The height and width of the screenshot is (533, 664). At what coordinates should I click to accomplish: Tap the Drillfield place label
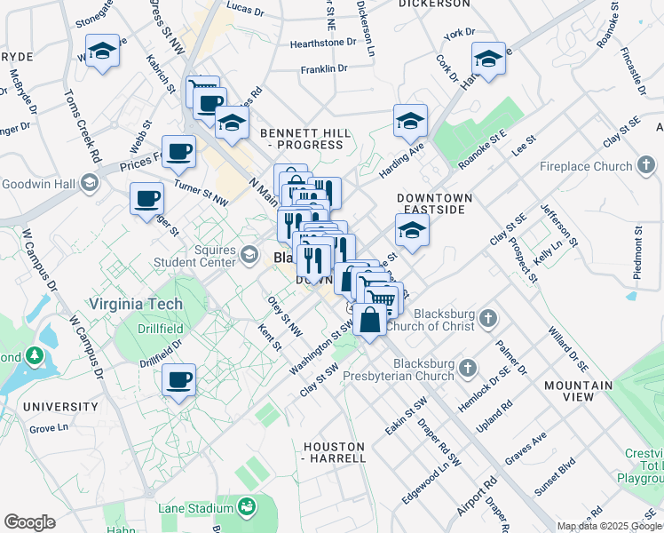point(160,329)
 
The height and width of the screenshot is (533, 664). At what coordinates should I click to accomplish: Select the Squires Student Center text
point(193,256)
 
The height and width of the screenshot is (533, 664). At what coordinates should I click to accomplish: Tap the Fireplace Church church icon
point(646,165)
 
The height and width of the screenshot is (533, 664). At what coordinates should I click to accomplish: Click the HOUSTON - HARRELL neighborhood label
point(334,452)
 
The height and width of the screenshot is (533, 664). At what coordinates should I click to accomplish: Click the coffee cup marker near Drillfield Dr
point(179,380)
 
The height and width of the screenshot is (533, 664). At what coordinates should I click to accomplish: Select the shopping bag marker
point(369,319)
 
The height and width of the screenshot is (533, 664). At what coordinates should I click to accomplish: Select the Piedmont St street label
point(637,252)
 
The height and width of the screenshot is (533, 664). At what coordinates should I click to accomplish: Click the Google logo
point(30,522)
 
